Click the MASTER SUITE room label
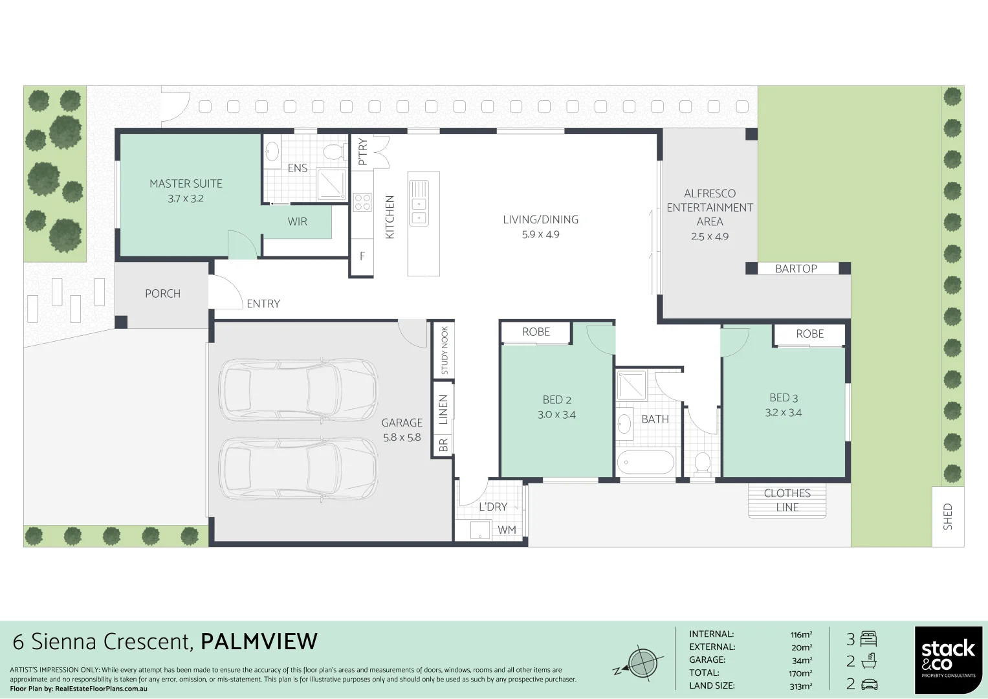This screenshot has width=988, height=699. [x=186, y=184]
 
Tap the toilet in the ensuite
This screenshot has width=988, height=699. [x=333, y=151]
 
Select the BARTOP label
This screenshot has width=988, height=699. [x=796, y=269]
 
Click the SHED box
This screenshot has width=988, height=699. [x=948, y=516]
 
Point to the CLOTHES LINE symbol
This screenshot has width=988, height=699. [x=787, y=501]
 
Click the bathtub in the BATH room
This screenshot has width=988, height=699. [x=645, y=462]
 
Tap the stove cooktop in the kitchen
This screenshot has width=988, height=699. [x=362, y=202]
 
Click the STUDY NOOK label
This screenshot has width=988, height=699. [x=444, y=350]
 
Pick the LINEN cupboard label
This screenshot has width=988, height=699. [x=443, y=409]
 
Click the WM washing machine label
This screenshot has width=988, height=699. [x=507, y=530]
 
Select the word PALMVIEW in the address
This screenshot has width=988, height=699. [x=259, y=641]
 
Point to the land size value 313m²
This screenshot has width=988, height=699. [x=800, y=686]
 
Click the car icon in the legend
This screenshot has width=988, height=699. [x=869, y=684]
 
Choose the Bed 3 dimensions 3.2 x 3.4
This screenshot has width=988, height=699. [x=783, y=413]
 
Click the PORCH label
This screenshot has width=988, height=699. [x=162, y=294]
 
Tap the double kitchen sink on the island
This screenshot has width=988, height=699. [x=419, y=203]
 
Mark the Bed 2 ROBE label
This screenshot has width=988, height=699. [x=536, y=332]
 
